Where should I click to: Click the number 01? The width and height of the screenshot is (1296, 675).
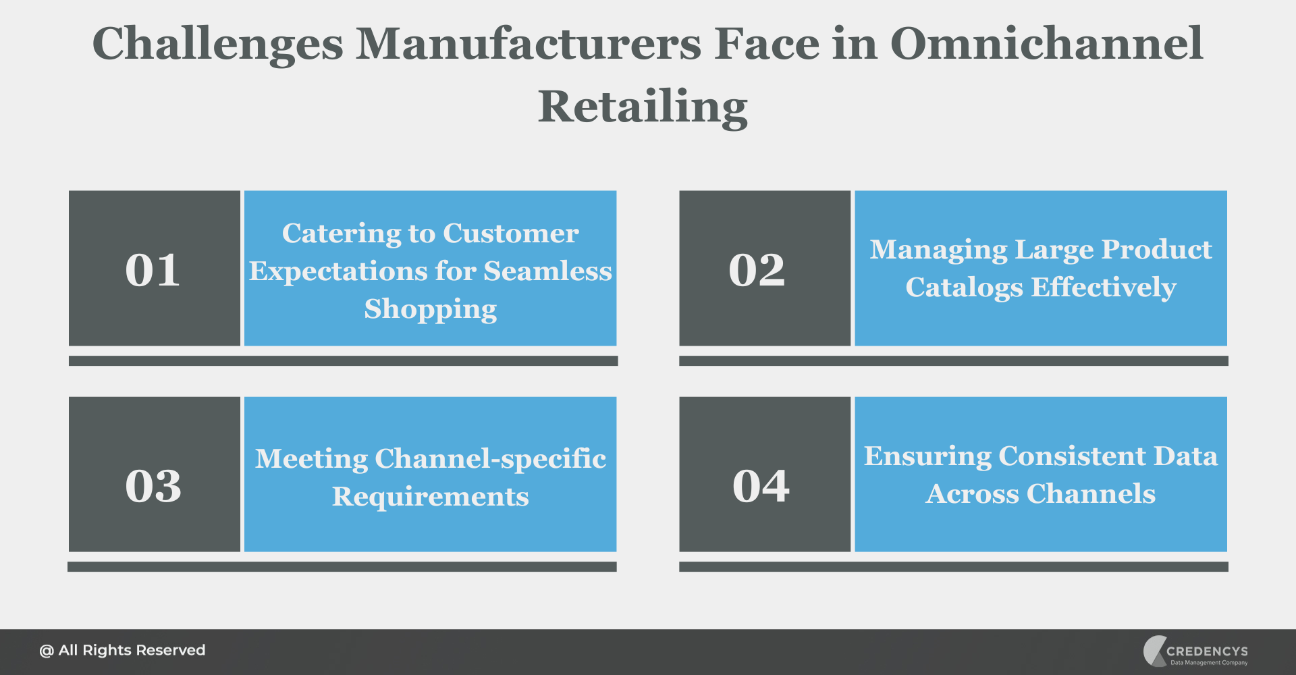pyautogui.click(x=153, y=270)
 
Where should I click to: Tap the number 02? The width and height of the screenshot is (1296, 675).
pyautogui.click(x=757, y=270)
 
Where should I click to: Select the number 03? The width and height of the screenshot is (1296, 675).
pyautogui.click(x=153, y=485)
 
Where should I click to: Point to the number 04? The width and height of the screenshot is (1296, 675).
pyautogui.click(x=761, y=485)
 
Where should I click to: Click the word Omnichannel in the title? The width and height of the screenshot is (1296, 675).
pyautogui.click(x=1046, y=44)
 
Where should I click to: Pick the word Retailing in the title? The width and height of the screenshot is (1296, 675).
pyautogui.click(x=643, y=107)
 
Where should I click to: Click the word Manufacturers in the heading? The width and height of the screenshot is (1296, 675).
pyautogui.click(x=529, y=44)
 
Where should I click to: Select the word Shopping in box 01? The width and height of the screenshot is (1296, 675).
pyautogui.click(x=431, y=309)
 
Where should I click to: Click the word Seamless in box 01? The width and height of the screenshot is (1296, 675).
pyautogui.click(x=547, y=271)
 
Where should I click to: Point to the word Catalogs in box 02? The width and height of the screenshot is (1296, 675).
pyautogui.click(x=964, y=288)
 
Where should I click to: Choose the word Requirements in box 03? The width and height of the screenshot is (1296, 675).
pyautogui.click(x=431, y=497)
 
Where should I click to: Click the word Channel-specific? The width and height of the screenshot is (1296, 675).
pyautogui.click(x=490, y=459)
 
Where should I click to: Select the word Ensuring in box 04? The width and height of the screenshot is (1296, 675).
pyautogui.click(x=926, y=456)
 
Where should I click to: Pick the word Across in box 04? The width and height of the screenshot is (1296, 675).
pyautogui.click(x=971, y=493)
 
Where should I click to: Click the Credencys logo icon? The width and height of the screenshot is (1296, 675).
pyautogui.click(x=1154, y=651)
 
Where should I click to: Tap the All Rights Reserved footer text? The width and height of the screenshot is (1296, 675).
pyautogui.click(x=132, y=650)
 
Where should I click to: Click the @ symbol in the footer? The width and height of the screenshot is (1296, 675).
pyautogui.click(x=46, y=651)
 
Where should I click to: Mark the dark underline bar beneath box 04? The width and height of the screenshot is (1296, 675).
pyautogui.click(x=953, y=567)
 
